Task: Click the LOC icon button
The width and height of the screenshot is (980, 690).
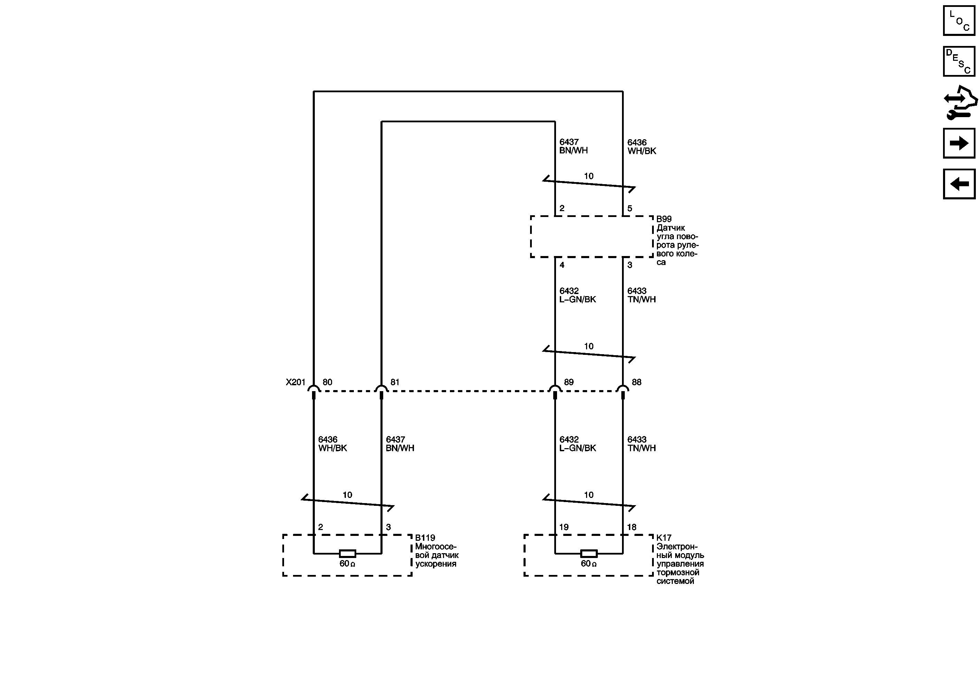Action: coord(959,20)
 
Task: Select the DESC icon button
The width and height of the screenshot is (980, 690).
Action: coord(959,62)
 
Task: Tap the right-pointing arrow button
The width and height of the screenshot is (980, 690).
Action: coord(959,143)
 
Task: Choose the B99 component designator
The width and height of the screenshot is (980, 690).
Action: coord(664,219)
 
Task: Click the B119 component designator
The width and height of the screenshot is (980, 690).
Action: coord(425,538)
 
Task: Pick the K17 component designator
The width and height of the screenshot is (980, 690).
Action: coord(664,538)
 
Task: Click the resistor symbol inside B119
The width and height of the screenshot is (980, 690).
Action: coord(347,554)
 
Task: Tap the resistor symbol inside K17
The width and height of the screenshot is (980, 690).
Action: coord(588,554)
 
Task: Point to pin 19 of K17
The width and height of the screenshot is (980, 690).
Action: coord(564,527)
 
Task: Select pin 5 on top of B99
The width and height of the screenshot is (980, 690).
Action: coord(630,209)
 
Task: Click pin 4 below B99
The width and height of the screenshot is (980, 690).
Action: coord(562,265)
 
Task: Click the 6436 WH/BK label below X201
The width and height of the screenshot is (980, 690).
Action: coord(332,444)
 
